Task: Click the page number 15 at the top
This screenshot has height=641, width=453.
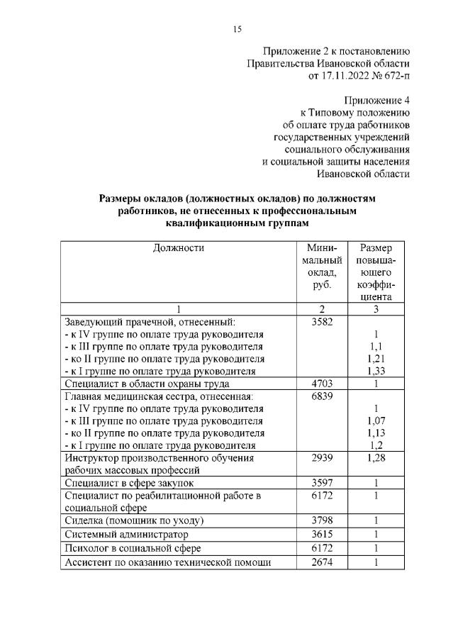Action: point(237,29)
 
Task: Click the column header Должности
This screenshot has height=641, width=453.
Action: point(178,248)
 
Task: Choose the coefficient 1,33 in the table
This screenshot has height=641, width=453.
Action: point(377,371)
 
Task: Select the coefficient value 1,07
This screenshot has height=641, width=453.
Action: point(377,420)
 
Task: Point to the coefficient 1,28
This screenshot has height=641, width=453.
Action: point(377,458)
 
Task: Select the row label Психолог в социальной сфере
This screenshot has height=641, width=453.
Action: point(133,548)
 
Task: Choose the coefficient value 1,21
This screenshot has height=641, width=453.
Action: point(377,359)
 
